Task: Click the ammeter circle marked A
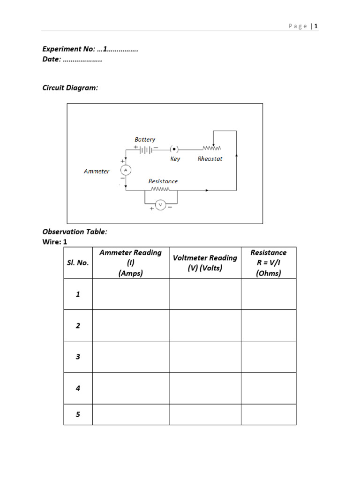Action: pyautogui.click(x=125, y=170)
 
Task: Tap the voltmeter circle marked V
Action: pyautogui.click(x=160, y=205)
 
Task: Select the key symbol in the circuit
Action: pyautogui.click(x=174, y=150)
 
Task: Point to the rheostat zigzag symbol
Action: pyautogui.click(x=212, y=149)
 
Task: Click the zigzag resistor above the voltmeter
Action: pyautogui.click(x=160, y=190)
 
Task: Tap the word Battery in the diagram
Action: pyautogui.click(x=145, y=139)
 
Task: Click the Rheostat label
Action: pyautogui.click(x=210, y=159)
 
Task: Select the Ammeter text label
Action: pyautogui.click(x=97, y=171)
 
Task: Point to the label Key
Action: pyautogui.click(x=175, y=159)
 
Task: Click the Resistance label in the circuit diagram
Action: pyautogui.click(x=163, y=181)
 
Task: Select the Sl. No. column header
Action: pyautogui.click(x=78, y=263)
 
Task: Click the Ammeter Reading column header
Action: pyautogui.click(x=130, y=263)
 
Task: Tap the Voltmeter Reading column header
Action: pyautogui.click(x=205, y=263)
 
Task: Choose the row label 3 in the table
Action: pyautogui.click(x=78, y=357)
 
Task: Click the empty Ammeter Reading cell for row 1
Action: pyautogui.click(x=130, y=294)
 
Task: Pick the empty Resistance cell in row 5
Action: pyautogui.click(x=269, y=414)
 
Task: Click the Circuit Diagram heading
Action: pyautogui.click(x=70, y=88)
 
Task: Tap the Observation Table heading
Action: pyautogui.click(x=75, y=232)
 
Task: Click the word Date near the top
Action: pyautogui.click(x=51, y=60)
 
